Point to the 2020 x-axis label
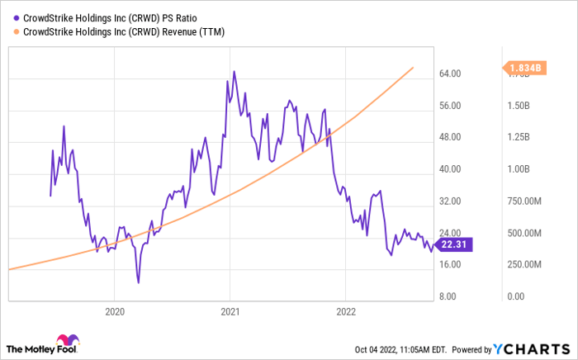(x=115, y=312)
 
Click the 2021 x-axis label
(x=230, y=312)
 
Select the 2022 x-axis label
(x=345, y=312)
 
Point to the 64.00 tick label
(x=450, y=74)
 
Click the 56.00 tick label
(x=450, y=106)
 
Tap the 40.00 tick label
(x=450, y=169)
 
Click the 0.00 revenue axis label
(x=514, y=296)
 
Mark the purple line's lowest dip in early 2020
(x=138, y=282)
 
